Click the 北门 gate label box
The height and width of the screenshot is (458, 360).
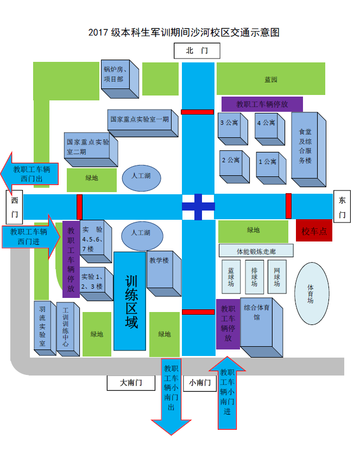tap(197, 51)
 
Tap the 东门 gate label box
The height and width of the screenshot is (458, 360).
tap(342, 207)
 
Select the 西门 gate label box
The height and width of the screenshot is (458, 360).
tap(15, 207)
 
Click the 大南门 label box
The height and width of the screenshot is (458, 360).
tap(131, 383)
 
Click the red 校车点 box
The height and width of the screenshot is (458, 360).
tap(314, 231)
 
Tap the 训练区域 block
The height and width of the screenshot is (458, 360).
tap(130, 301)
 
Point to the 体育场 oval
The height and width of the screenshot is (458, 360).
tap(311, 294)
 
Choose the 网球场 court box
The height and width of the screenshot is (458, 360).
tap(277, 276)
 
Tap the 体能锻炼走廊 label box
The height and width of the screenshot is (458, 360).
tap(256, 251)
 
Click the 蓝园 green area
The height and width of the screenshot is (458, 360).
tap(271, 79)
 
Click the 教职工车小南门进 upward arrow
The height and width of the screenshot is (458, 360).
tap(227, 392)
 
